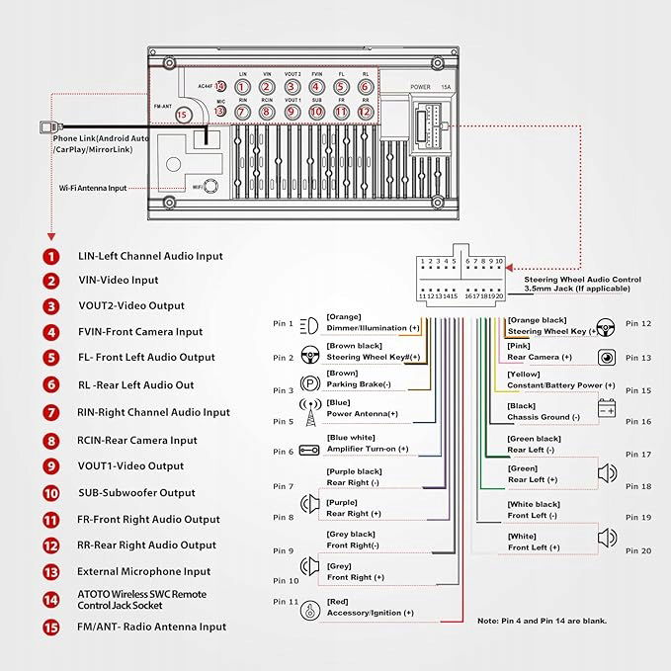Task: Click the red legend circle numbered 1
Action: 50,256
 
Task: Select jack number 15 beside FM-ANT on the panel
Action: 181,115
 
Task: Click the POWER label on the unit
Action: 421,87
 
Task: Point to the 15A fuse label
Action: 446,87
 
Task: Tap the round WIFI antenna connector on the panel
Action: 210,186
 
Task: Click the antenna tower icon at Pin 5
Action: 308,416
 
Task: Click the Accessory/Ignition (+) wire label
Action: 370,613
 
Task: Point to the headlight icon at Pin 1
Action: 308,323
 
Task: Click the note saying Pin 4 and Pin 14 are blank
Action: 542,621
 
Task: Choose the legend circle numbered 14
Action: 50,599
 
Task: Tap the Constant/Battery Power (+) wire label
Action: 560,385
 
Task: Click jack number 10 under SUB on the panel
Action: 316,113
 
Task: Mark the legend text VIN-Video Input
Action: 118,281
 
